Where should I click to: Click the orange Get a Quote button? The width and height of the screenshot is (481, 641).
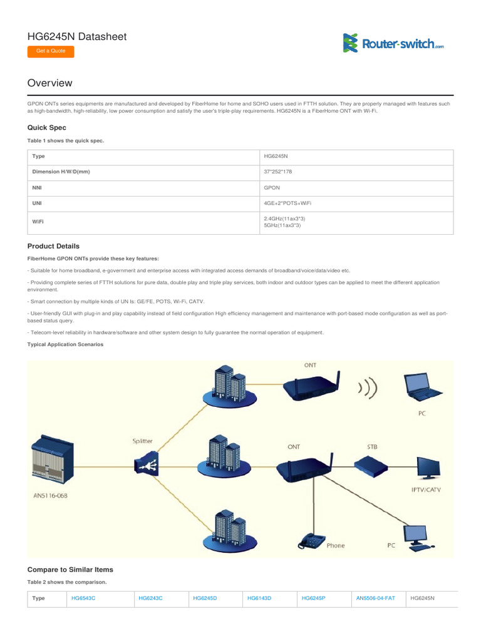pos(51,51)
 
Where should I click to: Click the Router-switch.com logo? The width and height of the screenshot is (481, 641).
pos(393,43)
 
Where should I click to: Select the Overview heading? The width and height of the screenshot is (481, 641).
pos(50,83)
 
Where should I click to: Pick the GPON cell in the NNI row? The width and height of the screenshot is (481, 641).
pos(272,187)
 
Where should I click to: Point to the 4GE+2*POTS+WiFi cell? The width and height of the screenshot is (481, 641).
pos(287,203)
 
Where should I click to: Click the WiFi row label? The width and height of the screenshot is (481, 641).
pos(38,222)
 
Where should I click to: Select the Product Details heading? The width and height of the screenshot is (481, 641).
pos(53,246)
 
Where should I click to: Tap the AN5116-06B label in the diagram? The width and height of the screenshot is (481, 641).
pos(51,495)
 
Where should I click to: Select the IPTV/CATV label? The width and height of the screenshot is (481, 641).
pos(426,490)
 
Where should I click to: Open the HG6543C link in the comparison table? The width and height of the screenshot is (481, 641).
pos(83,598)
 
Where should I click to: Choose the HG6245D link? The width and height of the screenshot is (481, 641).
pos(205,598)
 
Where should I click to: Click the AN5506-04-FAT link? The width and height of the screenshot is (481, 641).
pos(376,598)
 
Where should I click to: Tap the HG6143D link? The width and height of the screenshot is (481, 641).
pos(259,598)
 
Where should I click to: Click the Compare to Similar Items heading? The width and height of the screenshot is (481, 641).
pos(70,570)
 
